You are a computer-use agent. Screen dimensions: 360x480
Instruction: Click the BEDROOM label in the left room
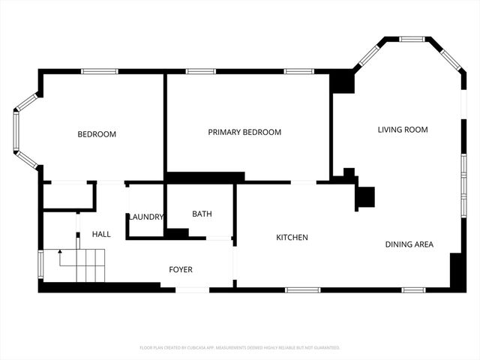(97, 134)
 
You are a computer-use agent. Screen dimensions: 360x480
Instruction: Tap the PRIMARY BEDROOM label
(244, 132)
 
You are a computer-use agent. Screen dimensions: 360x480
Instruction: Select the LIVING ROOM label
(402, 130)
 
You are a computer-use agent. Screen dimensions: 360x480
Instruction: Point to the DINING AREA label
(409, 244)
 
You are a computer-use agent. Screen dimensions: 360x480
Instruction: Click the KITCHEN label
(292, 238)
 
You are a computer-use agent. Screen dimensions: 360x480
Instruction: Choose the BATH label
(202, 214)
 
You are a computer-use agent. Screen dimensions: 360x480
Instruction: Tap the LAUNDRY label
(145, 217)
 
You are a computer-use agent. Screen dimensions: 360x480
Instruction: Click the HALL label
(101, 234)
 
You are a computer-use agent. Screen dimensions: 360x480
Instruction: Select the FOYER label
(180, 269)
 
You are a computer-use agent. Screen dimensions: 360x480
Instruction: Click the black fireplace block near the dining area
(364, 196)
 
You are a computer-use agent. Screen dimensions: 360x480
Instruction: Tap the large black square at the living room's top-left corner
(342, 82)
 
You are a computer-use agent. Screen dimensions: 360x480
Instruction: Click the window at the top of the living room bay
(411, 39)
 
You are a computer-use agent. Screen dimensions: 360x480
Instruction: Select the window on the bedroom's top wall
(100, 71)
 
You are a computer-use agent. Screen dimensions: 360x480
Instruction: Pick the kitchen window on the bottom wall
(303, 289)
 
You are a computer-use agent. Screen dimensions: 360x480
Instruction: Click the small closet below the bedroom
(67, 196)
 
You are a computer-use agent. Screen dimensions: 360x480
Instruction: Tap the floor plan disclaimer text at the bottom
(240, 348)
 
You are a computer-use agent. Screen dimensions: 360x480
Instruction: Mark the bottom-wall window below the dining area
(413, 289)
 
